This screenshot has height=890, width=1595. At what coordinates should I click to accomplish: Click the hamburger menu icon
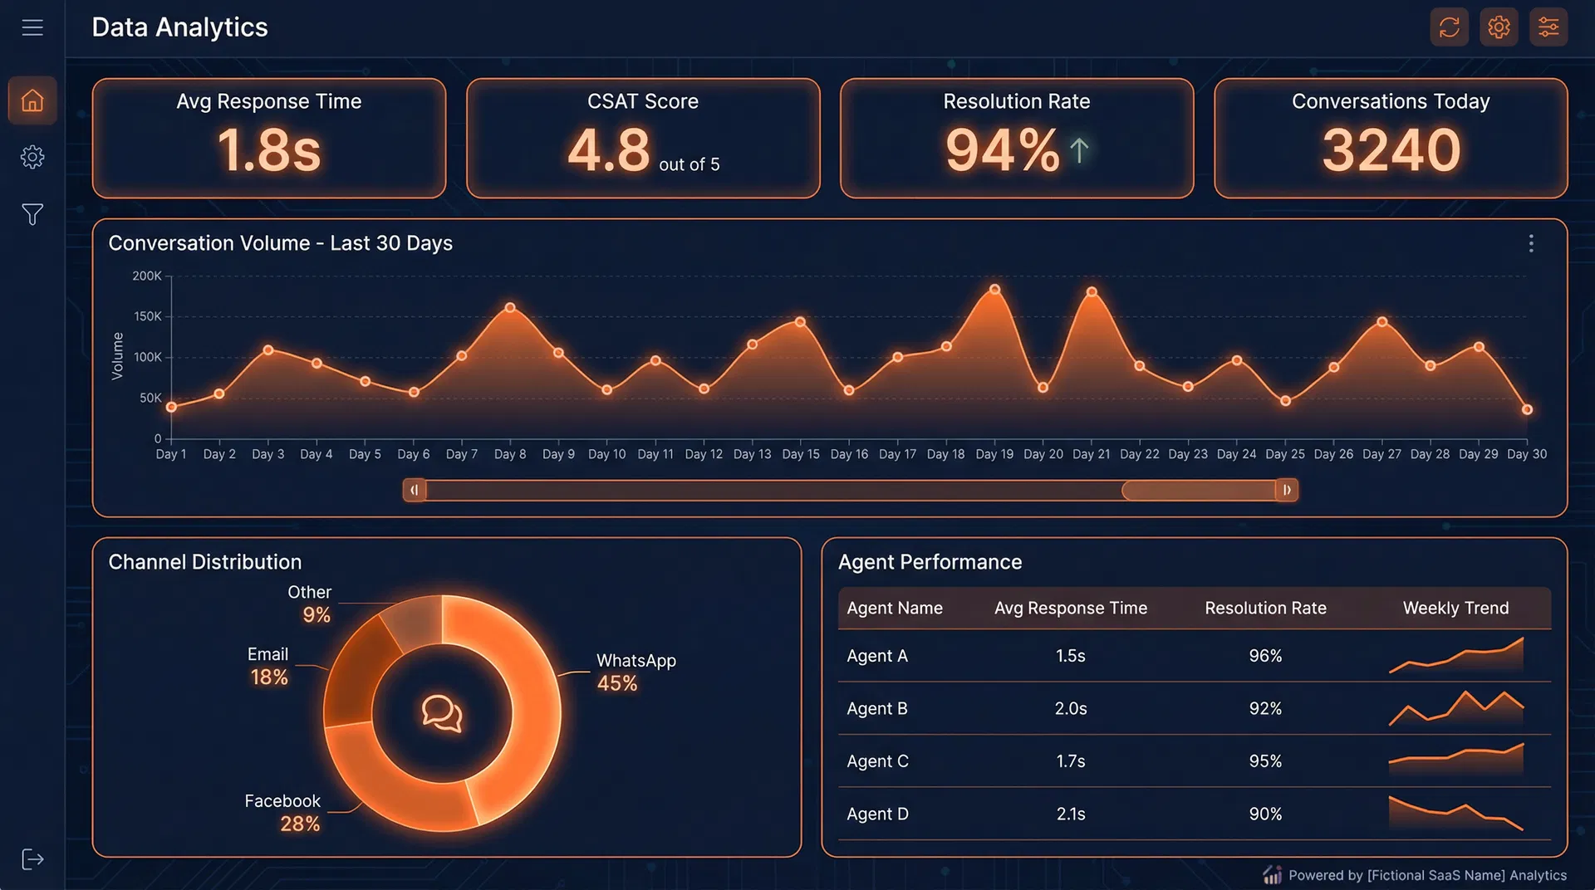32,27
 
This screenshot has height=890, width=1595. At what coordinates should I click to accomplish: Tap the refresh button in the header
1449,27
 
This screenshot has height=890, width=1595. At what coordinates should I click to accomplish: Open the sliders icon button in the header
1548,27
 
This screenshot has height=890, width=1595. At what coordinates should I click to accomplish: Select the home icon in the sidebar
32,100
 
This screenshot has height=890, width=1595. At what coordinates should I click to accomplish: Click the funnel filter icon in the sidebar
32,214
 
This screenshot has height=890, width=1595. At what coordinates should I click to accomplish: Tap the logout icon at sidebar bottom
32,859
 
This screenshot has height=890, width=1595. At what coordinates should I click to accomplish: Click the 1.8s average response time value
269,150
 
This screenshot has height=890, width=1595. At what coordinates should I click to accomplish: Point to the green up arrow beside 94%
1078,150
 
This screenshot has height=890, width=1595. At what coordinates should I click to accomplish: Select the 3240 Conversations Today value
1391,150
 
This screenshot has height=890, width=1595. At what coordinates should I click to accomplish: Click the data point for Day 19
994,290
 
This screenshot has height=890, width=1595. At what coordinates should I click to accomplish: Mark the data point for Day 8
510,308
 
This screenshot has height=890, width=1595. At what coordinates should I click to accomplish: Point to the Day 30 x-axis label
1527,454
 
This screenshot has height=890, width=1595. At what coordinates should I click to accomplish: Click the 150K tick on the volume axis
148,316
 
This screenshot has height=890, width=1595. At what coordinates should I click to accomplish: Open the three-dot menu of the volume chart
1530,243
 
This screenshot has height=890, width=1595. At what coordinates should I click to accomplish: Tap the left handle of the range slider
415,490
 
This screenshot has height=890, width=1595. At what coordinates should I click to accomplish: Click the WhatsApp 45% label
636,672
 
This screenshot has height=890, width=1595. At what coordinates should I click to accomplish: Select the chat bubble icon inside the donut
442,713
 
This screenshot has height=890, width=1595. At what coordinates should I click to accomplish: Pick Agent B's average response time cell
1070,708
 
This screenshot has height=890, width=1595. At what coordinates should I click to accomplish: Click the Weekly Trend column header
1455,608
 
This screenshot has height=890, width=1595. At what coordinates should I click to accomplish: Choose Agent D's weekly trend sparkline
1455,814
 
